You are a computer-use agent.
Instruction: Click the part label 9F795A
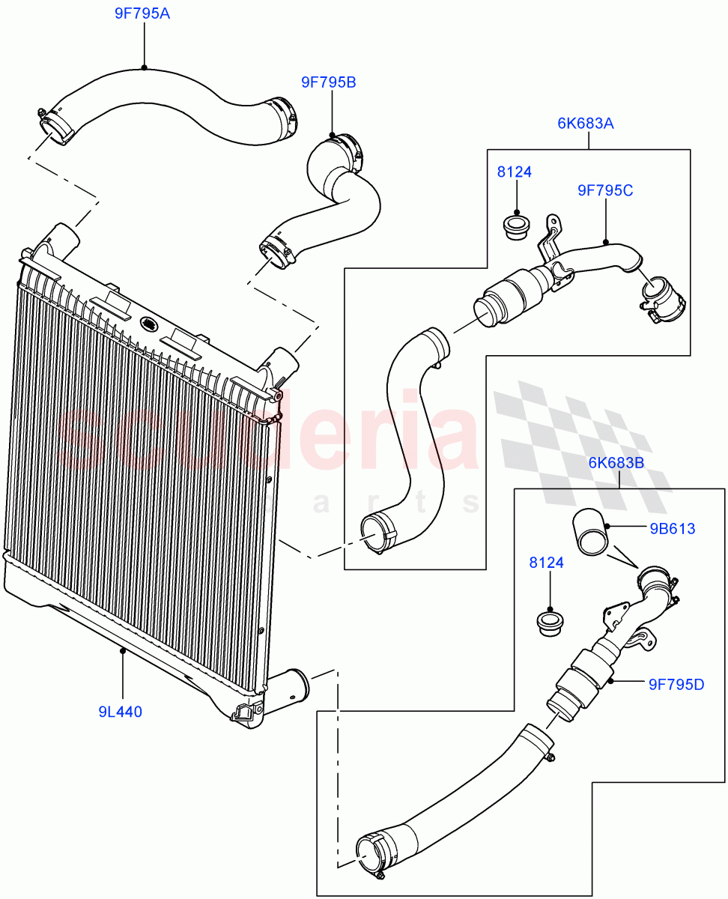click(x=142, y=13)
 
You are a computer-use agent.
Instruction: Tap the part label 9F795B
click(x=329, y=82)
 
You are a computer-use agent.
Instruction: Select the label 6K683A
click(x=586, y=124)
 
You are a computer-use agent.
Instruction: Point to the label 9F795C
click(x=605, y=191)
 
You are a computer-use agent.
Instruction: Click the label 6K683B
click(x=616, y=463)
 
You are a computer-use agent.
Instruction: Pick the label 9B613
click(x=673, y=529)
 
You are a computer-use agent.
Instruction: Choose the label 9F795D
click(x=676, y=684)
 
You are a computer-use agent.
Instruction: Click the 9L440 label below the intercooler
click(x=120, y=712)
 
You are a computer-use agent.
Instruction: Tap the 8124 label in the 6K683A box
click(x=515, y=172)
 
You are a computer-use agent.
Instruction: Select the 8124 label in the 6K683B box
click(x=546, y=563)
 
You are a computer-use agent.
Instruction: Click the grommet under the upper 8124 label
click(x=515, y=226)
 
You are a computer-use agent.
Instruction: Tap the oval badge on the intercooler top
click(x=150, y=324)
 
